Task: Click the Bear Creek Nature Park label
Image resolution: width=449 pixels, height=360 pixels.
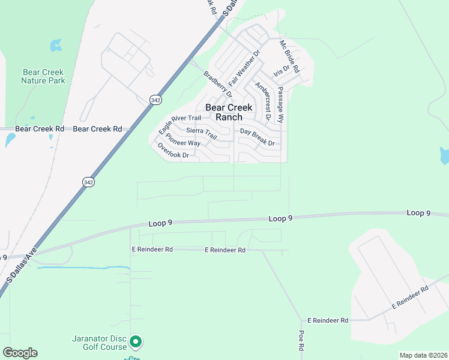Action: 43,76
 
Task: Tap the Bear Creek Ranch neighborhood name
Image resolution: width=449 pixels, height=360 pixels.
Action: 232,112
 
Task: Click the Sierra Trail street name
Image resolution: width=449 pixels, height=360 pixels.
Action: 201,133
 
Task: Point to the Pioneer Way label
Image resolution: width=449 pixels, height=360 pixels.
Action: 184,142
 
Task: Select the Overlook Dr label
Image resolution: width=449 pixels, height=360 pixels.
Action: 173,151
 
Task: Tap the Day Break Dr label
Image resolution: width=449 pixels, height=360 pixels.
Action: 257,137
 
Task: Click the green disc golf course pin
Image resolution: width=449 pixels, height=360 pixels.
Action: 136,342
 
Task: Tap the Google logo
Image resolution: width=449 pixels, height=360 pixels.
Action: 20,353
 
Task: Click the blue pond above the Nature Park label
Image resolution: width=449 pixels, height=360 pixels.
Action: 56,44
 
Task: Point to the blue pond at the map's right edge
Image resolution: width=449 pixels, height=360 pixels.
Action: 444,156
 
